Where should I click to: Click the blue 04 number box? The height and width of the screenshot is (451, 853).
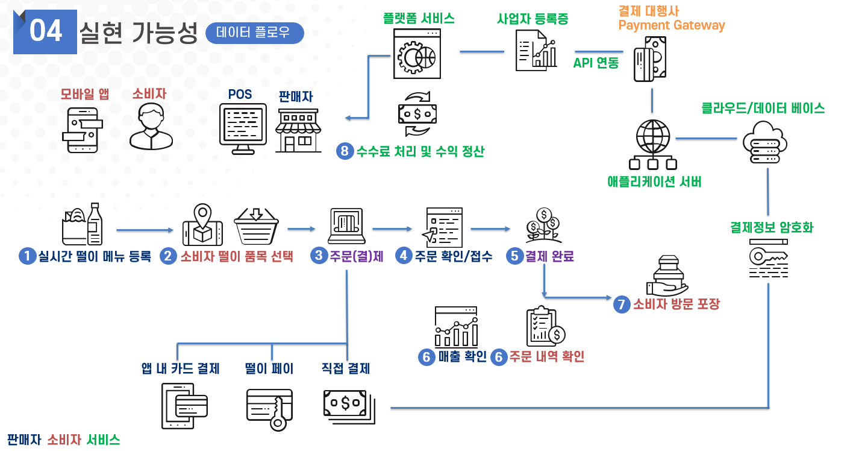(45, 32)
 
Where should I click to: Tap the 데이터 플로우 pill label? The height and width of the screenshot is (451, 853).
(254, 33)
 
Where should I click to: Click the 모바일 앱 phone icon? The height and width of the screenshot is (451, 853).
(82, 130)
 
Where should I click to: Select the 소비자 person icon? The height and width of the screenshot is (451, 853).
(151, 127)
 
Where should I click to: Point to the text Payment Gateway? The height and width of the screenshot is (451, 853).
(671, 25)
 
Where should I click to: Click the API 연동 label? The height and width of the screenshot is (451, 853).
(596, 63)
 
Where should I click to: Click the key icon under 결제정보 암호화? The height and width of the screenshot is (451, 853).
(768, 258)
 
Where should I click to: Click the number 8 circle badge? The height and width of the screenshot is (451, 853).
(345, 151)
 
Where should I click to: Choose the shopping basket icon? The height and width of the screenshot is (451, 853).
(256, 225)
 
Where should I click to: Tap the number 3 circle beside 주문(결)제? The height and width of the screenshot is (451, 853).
(319, 256)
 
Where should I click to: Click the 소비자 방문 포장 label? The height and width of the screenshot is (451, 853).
(675, 304)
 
